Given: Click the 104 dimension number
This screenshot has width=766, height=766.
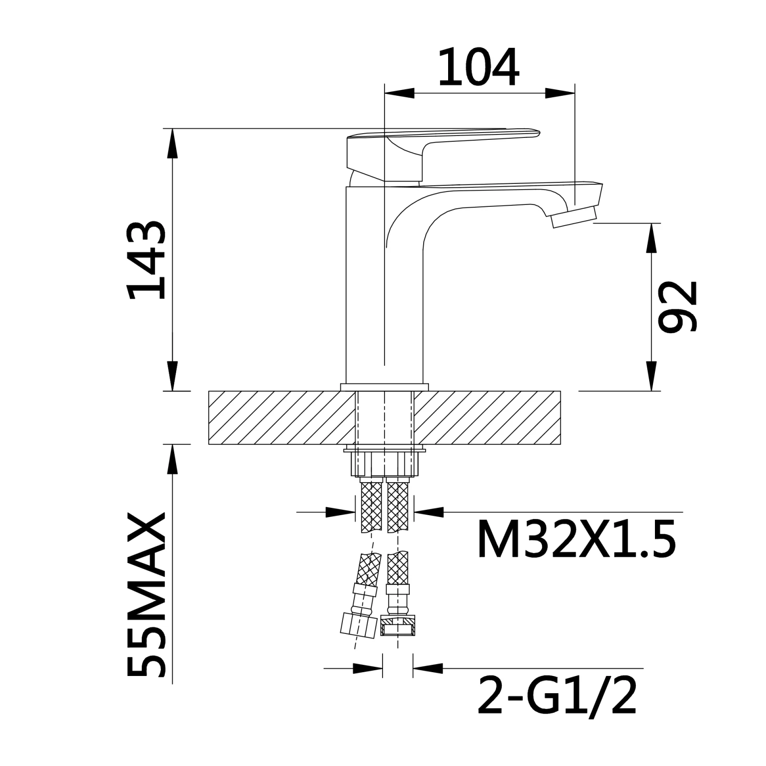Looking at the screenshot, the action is [x=478, y=67].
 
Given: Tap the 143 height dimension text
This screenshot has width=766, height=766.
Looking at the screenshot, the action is [x=146, y=260].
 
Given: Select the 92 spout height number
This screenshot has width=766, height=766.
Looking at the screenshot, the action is [x=677, y=307].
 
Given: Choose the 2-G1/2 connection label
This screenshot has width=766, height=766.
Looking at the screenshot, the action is [x=557, y=695].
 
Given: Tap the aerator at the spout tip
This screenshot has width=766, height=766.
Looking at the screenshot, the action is [x=574, y=216].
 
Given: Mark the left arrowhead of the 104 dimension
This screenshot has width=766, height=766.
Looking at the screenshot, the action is [x=399, y=93].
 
